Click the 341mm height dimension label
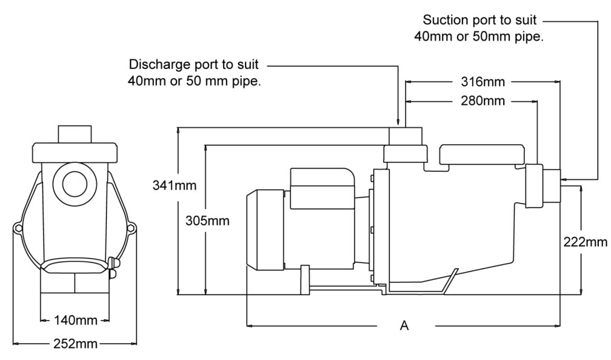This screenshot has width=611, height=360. pos(174,185)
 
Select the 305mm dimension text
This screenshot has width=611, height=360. pos(207,220)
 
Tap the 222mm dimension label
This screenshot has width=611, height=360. pos(585,242)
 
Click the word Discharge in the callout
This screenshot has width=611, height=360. pos(155,65)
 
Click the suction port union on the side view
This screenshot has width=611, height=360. pos(534,185)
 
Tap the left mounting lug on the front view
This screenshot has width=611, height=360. pos(18,228)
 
